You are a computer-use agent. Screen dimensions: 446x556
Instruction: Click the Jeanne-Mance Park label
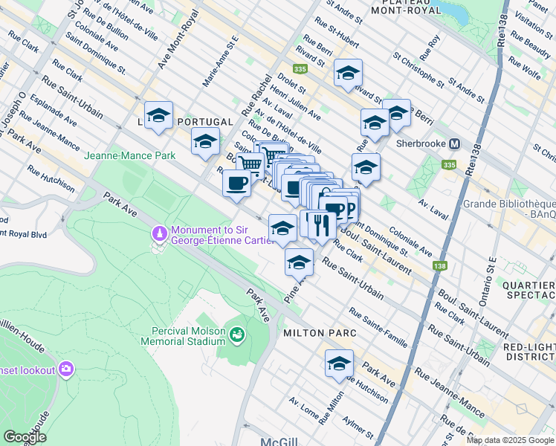coord(130,155)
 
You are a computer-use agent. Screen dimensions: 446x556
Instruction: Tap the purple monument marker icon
coord(159,234)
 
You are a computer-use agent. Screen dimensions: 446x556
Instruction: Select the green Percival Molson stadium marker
coord(237,335)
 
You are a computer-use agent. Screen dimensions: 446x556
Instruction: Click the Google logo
coord(25,436)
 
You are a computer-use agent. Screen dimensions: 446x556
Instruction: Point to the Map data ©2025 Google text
coord(509,440)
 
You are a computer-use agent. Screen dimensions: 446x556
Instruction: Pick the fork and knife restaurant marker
coord(320,224)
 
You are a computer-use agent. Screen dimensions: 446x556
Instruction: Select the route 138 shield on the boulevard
coord(442,265)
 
